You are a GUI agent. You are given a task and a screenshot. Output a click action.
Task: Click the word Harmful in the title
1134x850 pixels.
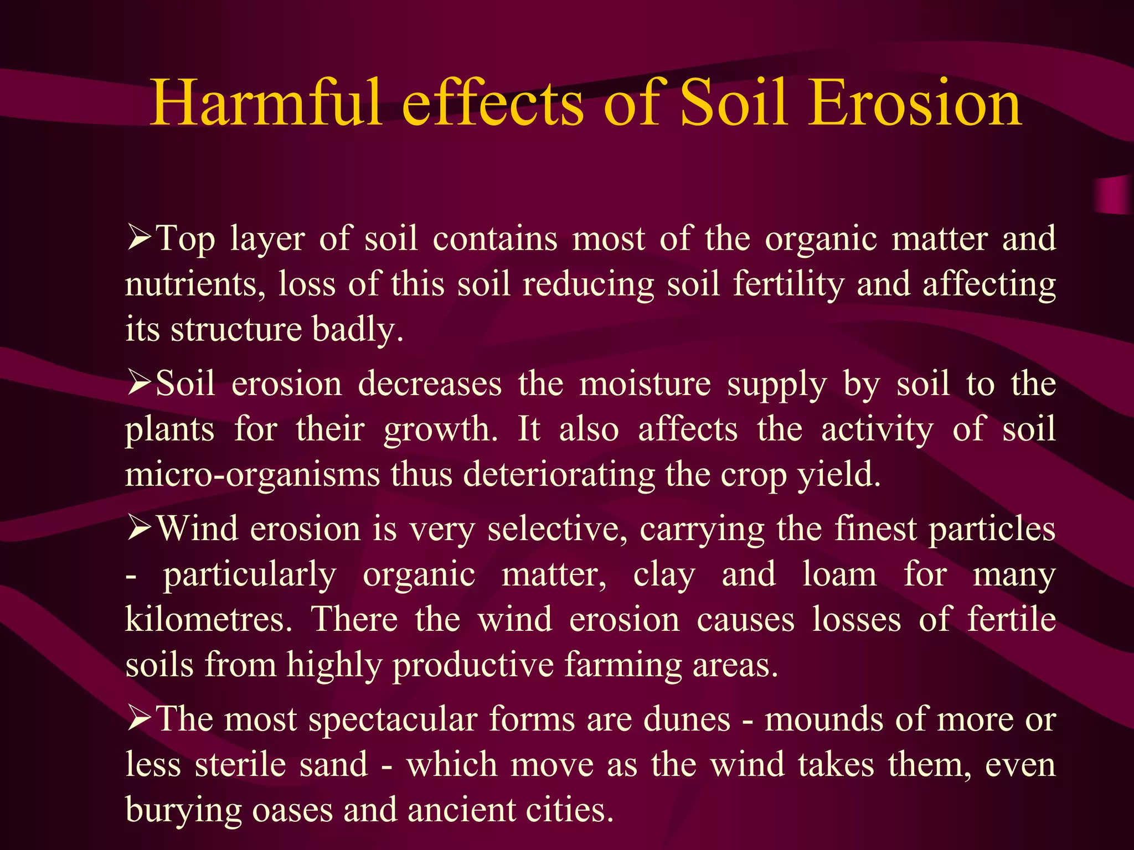click(266, 103)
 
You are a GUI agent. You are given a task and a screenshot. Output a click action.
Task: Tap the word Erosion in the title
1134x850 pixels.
click(914, 103)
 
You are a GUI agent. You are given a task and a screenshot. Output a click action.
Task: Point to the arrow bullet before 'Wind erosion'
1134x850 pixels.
click(140, 528)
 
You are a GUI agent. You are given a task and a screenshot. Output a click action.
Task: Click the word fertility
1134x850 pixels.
click(788, 284)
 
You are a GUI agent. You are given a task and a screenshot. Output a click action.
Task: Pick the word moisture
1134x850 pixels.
click(645, 383)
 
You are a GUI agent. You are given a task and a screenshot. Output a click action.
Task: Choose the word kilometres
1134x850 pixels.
click(208, 619)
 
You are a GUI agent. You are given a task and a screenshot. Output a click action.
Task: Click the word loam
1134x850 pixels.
click(839, 574)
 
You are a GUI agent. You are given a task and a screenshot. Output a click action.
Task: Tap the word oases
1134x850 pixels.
click(291, 810)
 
